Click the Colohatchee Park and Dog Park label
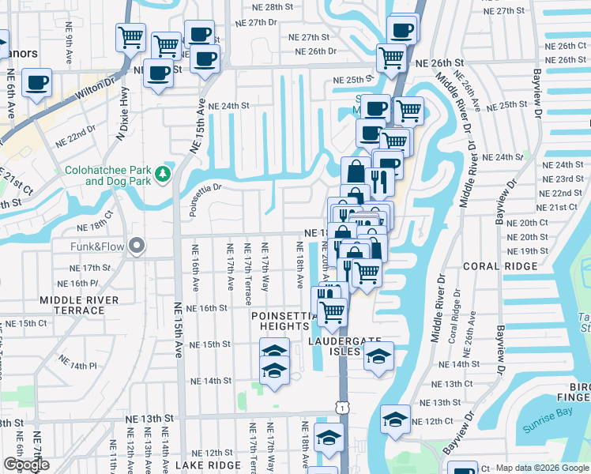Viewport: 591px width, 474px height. [x=105, y=175]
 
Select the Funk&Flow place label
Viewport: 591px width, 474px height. [x=100, y=246]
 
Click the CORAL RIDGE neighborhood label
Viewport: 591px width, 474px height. [x=500, y=266]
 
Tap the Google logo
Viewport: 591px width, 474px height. [x=26, y=465]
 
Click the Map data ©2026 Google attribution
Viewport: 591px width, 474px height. [x=542, y=468]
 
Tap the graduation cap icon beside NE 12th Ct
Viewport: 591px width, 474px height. [x=395, y=419]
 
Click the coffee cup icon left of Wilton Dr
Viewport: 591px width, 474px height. [x=37, y=83]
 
